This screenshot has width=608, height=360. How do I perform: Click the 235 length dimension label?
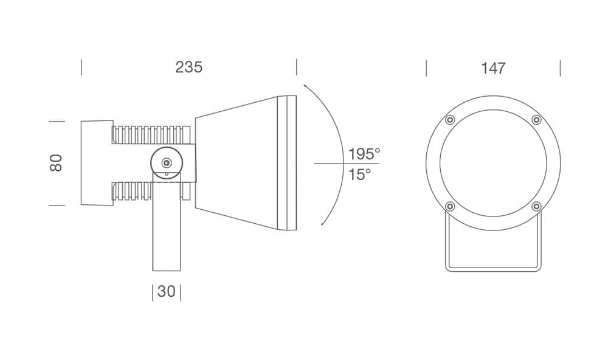click(189, 67)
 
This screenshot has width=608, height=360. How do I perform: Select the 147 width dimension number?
click(493, 68)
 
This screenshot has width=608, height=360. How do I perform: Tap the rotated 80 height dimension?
click(56, 163)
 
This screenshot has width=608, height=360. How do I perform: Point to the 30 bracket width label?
click(167, 291)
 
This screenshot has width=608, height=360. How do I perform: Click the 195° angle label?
click(364, 154)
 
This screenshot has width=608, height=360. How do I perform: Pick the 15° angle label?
click(359, 175)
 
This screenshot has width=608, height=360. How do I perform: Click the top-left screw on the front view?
click(450, 120)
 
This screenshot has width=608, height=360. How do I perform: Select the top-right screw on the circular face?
click(537, 120)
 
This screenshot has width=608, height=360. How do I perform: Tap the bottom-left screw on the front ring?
click(450, 206)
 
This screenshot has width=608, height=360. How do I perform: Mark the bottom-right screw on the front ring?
click(537, 206)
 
